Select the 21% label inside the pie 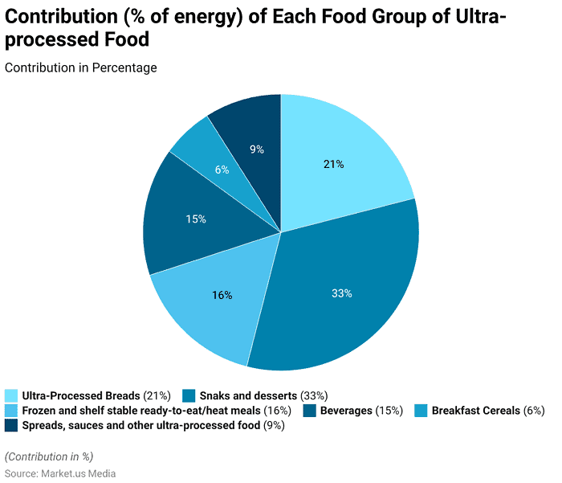tap(334, 165)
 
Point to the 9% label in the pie tap(256, 149)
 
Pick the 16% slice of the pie tap(222, 295)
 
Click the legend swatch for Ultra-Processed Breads tap(11, 395)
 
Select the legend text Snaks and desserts tap(248, 395)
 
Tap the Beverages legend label tap(348, 411)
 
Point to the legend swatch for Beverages tap(310, 411)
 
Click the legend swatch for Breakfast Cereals tap(421, 411)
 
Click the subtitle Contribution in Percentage tap(81, 68)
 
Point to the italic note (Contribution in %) tap(49, 456)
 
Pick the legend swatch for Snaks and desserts tap(189, 395)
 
